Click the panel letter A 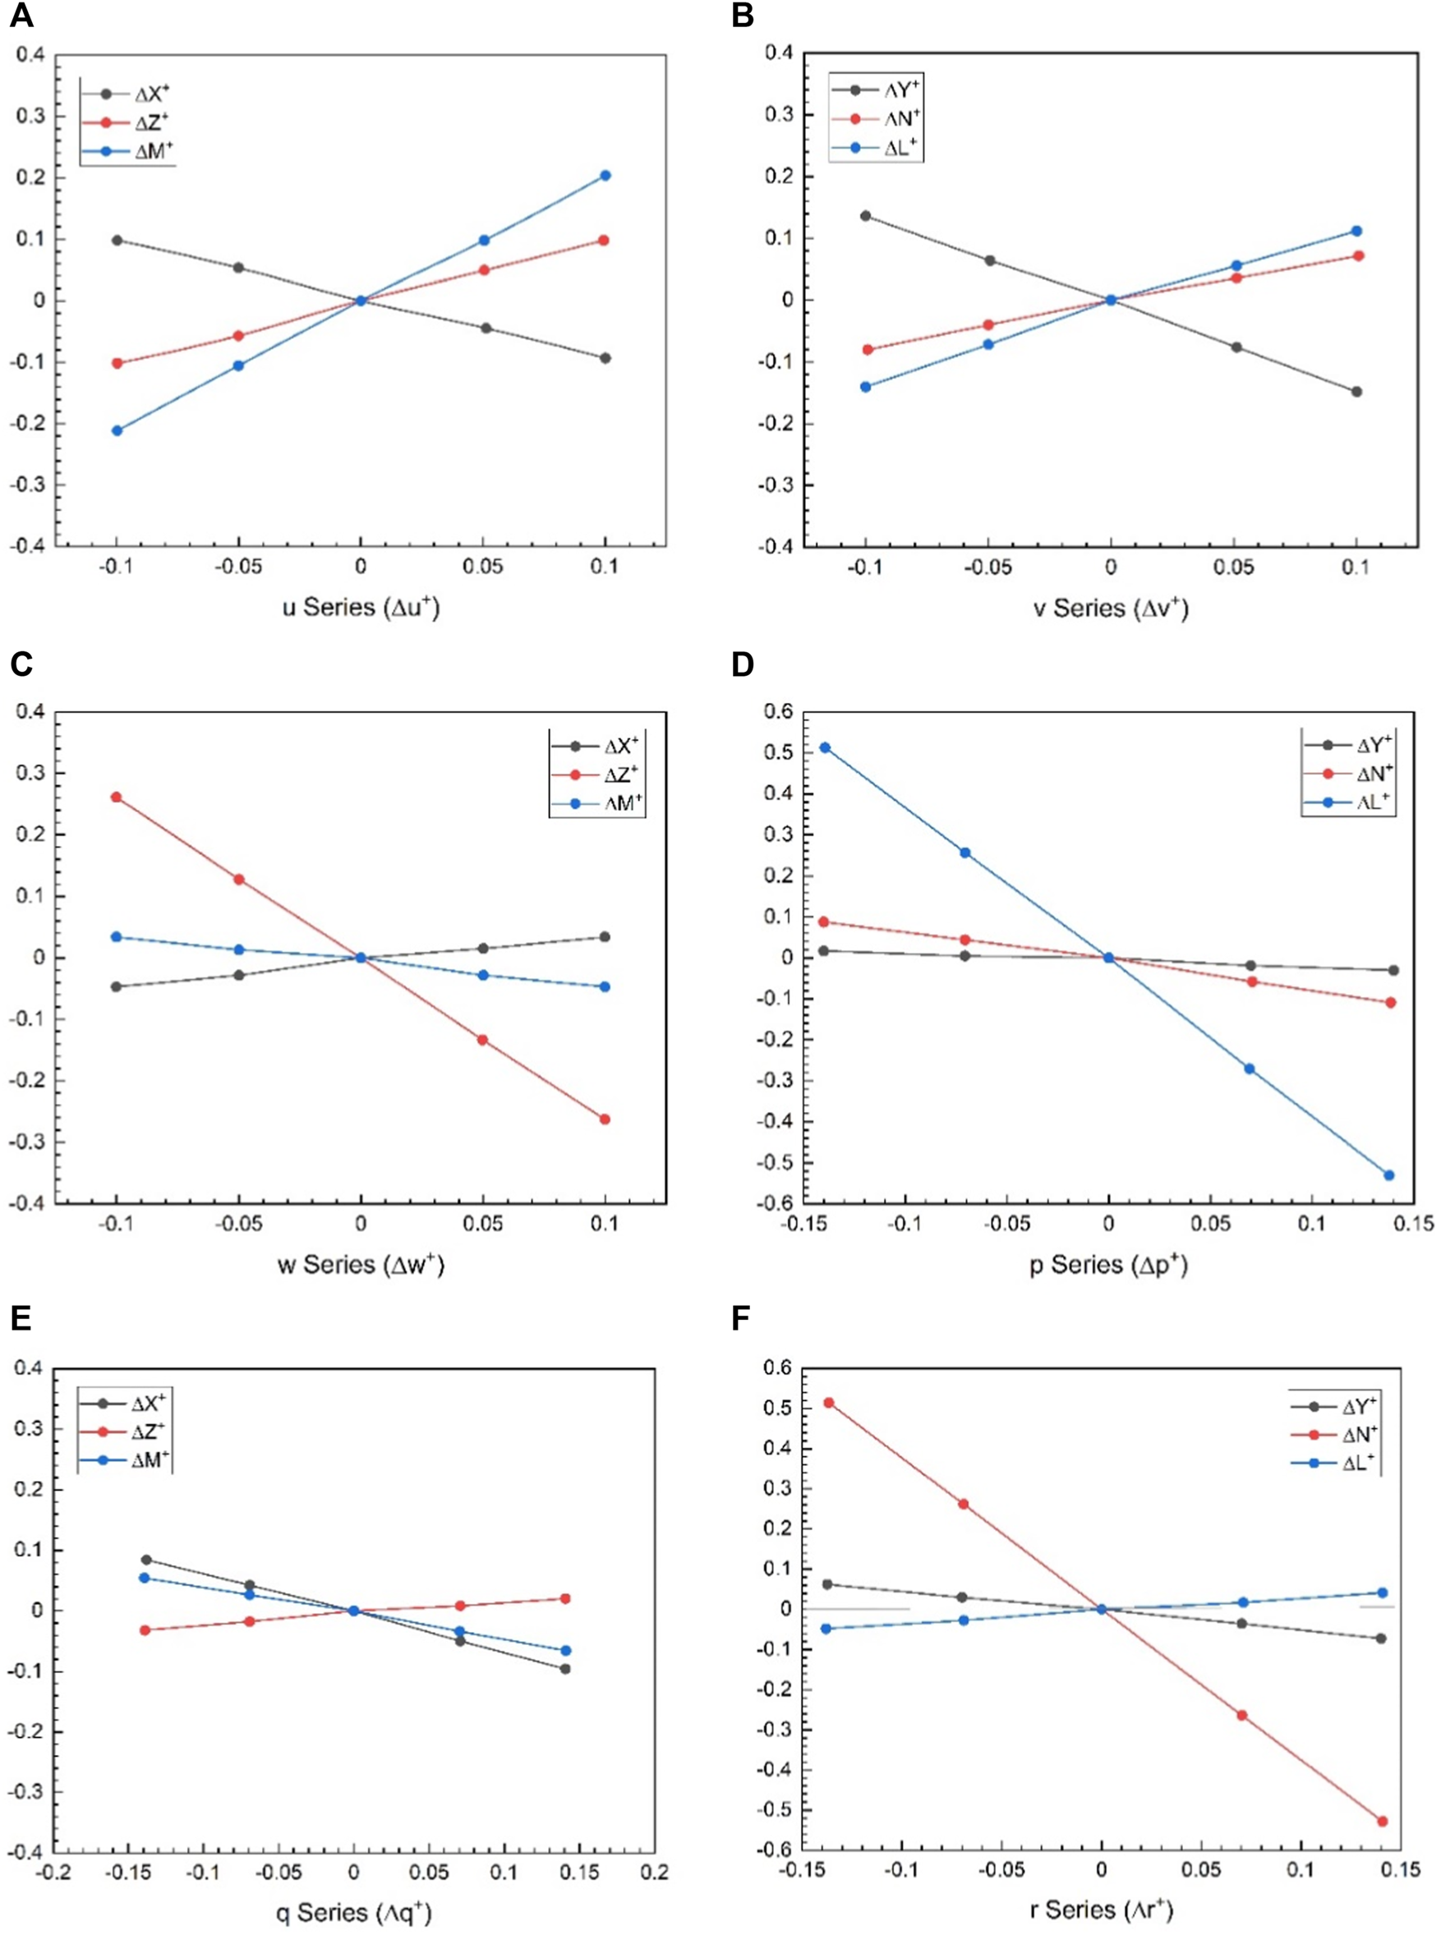[21, 16]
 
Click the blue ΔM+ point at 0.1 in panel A [605, 176]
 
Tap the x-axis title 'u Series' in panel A [360, 607]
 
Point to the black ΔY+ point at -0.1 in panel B [865, 216]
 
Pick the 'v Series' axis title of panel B [1111, 607]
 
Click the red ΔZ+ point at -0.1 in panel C [116, 797]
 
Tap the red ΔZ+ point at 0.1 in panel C [605, 1119]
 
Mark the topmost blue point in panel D [824, 748]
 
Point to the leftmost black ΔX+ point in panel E [146, 1560]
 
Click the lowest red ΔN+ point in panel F [1382, 1821]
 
